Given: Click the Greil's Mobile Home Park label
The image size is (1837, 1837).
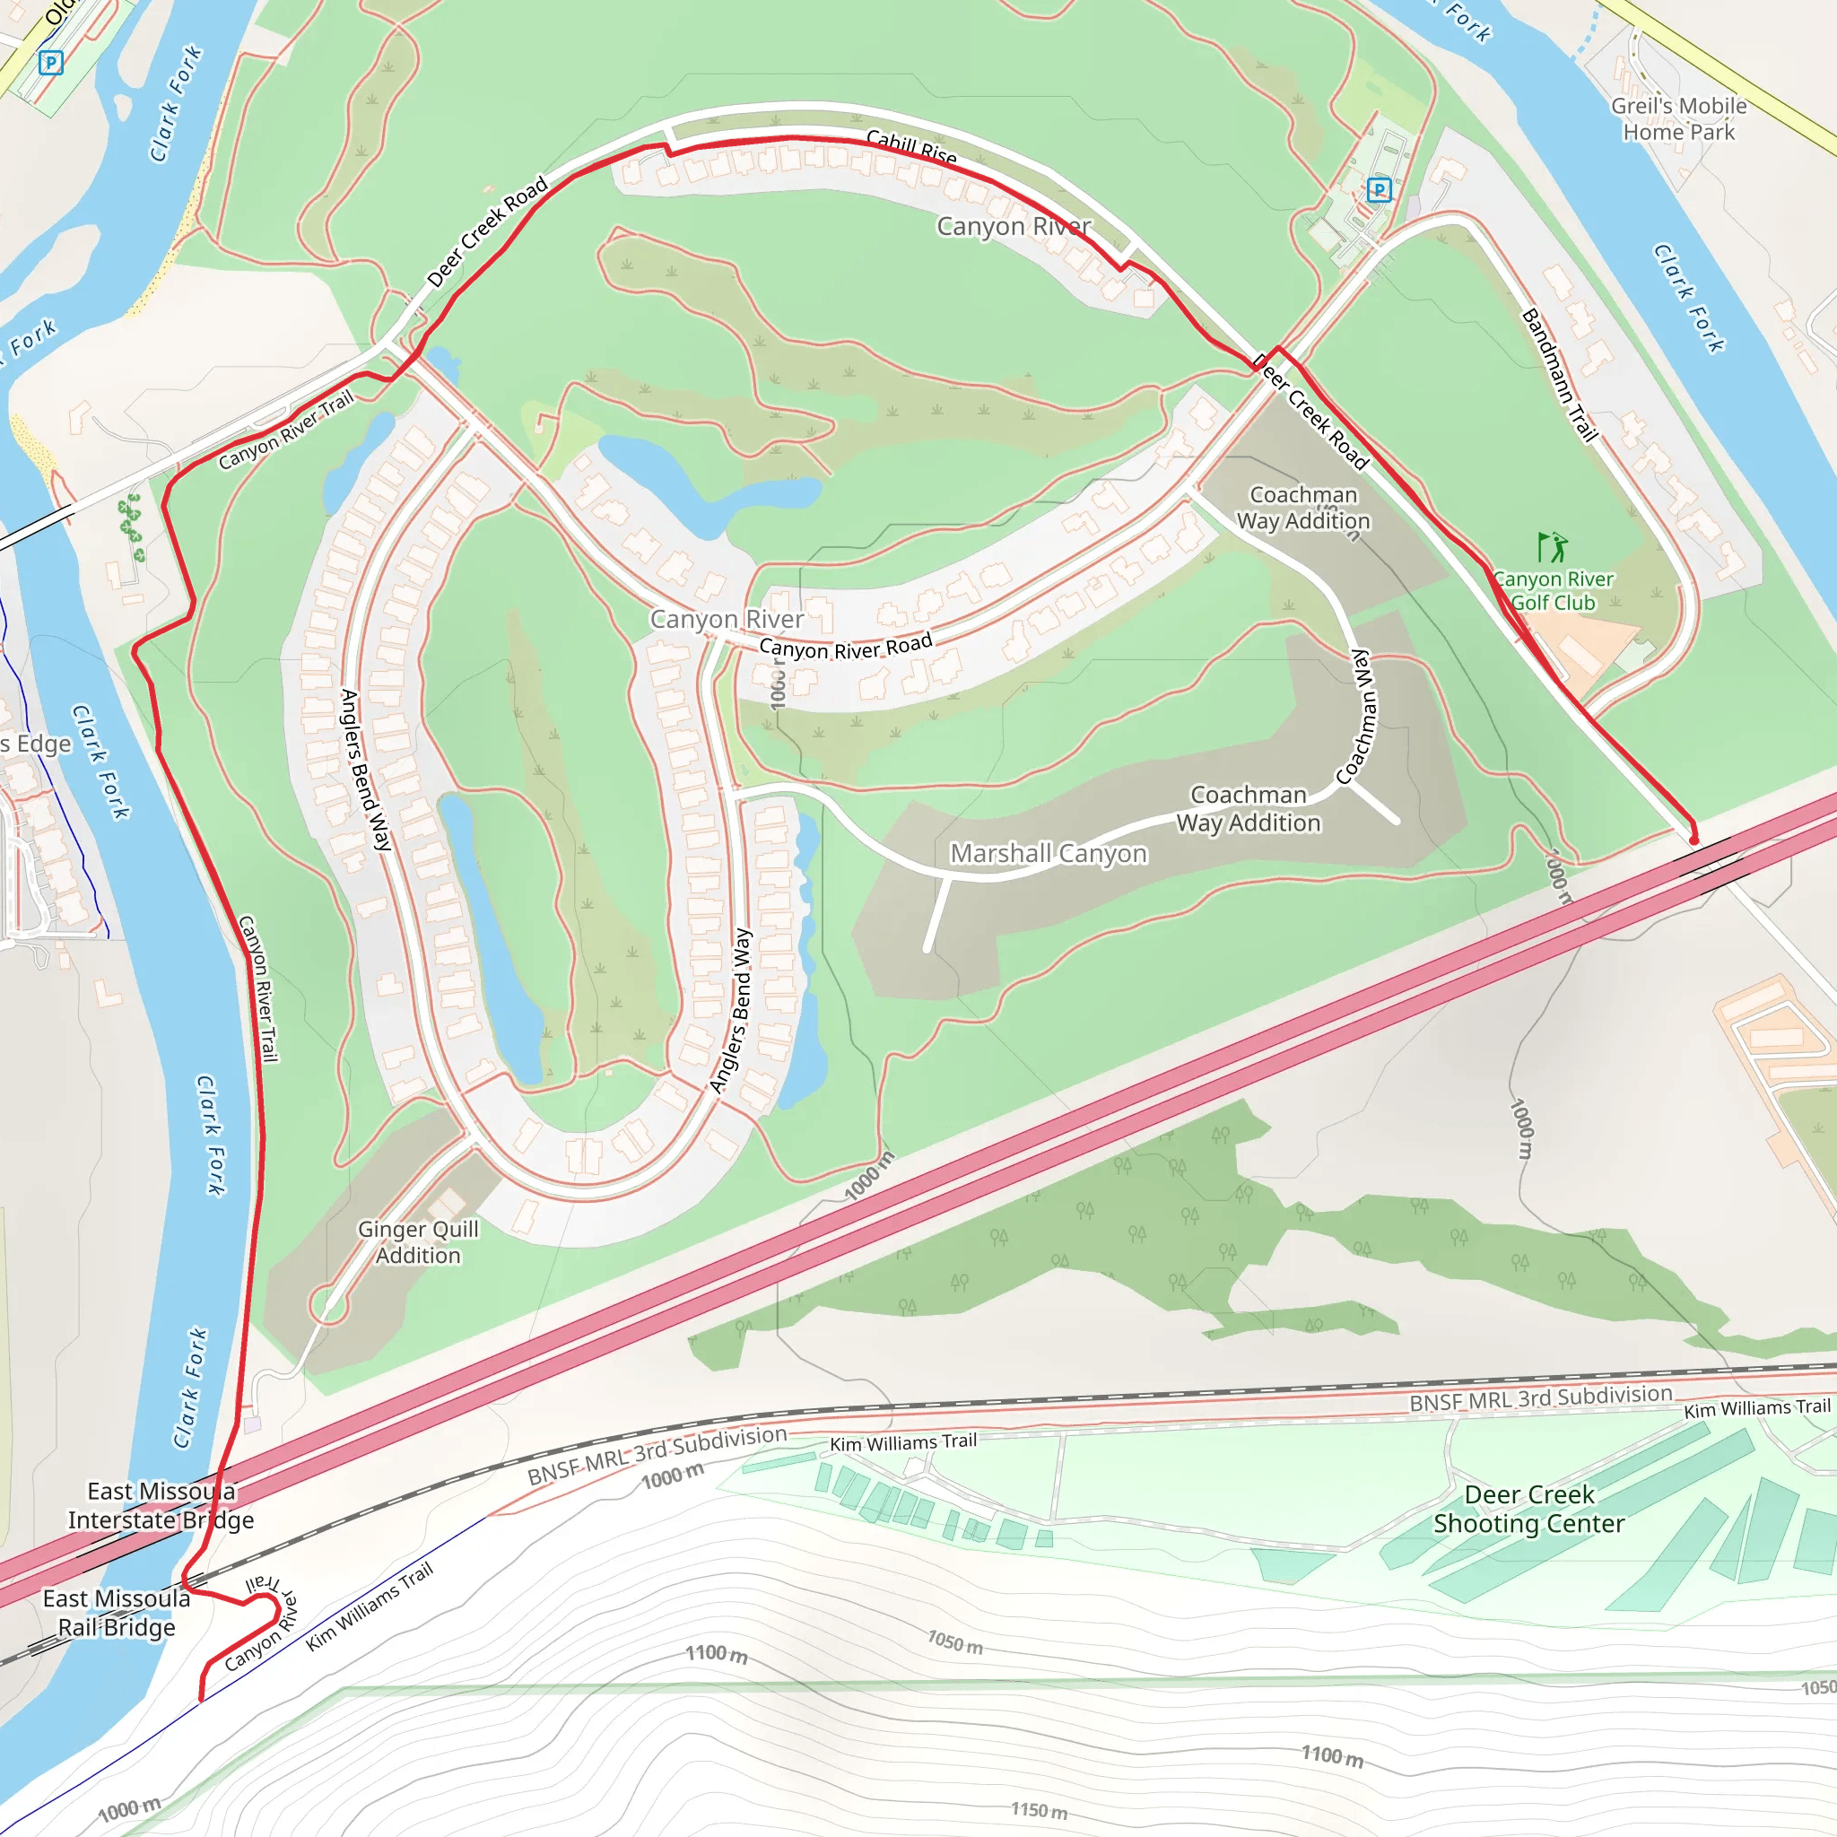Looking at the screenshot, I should pos(1678,119).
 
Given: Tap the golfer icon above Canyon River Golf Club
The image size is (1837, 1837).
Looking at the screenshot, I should pos(1552,547).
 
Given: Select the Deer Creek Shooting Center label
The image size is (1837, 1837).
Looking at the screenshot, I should pos(1529,1509).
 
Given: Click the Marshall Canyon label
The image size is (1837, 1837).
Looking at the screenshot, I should pos(1049,854).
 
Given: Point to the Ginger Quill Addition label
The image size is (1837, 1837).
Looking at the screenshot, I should pos(418,1241).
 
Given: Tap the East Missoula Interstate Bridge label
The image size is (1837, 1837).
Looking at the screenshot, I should pos(161,1505).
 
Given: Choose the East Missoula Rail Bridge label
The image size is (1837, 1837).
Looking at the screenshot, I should pos(117,1613).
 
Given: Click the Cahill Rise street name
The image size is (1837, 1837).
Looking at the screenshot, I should pos(911,147).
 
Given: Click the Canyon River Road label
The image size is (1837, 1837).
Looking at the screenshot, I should pos(845,647).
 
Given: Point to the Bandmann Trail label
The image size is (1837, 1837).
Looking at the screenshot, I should pos(1558,375).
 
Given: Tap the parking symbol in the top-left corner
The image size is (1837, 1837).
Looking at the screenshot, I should pos(51,63).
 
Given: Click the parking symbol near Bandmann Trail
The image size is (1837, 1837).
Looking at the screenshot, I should pos(1379,190).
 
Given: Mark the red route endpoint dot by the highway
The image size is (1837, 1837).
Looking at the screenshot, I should pos(1693,840).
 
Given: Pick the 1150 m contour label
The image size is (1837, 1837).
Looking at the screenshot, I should pos(1039,1810).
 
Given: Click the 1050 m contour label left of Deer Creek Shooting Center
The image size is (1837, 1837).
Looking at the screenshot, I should pos(954,1642).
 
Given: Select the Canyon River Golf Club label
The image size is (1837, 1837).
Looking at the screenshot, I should pos(1553,590).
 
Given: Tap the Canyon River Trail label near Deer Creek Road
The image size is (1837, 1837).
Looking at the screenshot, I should pos(285,430).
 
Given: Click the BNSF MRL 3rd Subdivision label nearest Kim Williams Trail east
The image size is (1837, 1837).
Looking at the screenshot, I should pos(1540,1398).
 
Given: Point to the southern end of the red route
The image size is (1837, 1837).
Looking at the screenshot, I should pos(201,1698).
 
